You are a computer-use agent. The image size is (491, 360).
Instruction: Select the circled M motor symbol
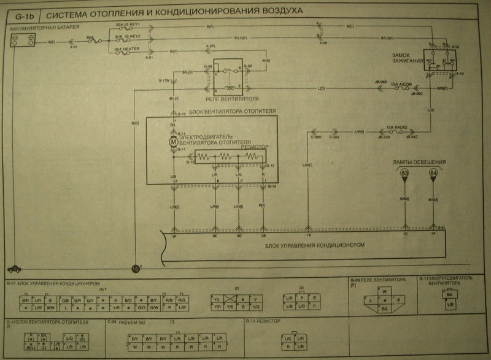click(173, 142)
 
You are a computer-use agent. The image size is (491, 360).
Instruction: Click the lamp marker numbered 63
click(405, 174)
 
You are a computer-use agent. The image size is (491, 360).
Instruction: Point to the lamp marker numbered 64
click(434, 174)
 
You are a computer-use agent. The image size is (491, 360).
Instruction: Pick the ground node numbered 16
click(136, 267)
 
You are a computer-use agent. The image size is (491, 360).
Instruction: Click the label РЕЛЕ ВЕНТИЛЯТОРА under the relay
click(232, 98)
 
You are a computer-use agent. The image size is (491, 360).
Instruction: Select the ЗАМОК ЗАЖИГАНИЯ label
click(405, 58)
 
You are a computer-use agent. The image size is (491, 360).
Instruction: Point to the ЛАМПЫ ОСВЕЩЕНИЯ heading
click(419, 162)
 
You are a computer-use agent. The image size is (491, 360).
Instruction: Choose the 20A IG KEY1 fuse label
click(129, 25)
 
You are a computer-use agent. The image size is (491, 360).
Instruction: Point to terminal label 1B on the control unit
click(308, 234)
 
